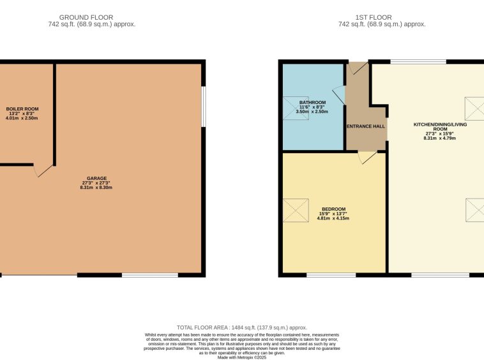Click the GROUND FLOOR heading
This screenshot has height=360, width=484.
[86, 17]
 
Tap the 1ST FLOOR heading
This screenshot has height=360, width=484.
[374, 17]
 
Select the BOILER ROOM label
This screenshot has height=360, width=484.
[22, 109]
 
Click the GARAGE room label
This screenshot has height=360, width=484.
[96, 178]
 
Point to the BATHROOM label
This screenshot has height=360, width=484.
[312, 102]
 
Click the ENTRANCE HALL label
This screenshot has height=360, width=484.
[366, 126]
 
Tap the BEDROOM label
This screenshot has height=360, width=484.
[334, 209]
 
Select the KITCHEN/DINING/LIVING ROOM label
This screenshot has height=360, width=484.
[440, 126]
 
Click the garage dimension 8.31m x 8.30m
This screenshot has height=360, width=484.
[96, 187]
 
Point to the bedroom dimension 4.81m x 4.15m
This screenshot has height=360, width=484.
[333, 218]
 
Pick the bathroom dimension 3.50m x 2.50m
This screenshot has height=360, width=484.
[312, 111]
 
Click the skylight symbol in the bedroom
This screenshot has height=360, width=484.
[296, 210]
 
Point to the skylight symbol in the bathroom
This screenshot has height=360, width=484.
[296, 109]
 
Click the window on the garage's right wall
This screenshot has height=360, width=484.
[204, 107]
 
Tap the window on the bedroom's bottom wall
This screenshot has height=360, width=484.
[331, 275]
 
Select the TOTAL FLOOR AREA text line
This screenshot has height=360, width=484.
[242, 327]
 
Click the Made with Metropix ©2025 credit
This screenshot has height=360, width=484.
[242, 357]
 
